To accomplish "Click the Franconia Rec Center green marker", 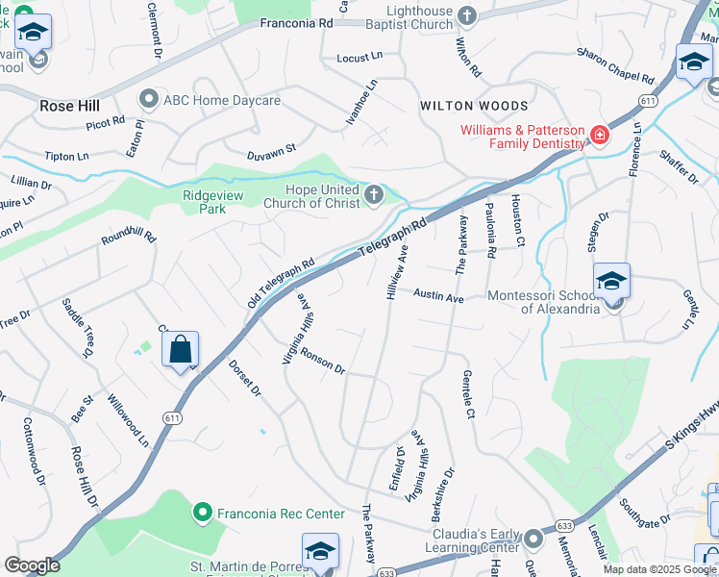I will click(202, 514).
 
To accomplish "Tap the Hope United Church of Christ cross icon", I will click(374, 196).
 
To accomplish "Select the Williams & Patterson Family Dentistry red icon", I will click(598, 136).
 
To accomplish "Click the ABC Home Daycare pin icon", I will click(148, 100).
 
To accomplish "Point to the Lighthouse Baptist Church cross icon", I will click(467, 15).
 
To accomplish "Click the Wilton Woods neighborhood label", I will click(473, 106).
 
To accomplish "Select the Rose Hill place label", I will click(64, 106).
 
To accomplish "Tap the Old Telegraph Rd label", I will click(281, 283).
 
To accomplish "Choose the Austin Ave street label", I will click(439, 298).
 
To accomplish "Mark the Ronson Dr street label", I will click(322, 361).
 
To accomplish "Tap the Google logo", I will click(32, 565).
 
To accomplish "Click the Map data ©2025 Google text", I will click(658, 568).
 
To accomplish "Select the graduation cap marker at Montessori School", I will click(611, 281).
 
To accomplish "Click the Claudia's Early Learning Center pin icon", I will click(533, 537).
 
